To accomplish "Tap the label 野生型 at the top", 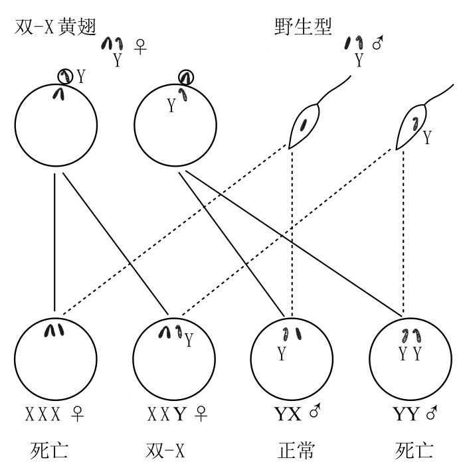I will pos(304,27).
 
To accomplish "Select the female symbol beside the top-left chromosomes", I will pos(141,47).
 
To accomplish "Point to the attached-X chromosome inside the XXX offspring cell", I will pos(54,329).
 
